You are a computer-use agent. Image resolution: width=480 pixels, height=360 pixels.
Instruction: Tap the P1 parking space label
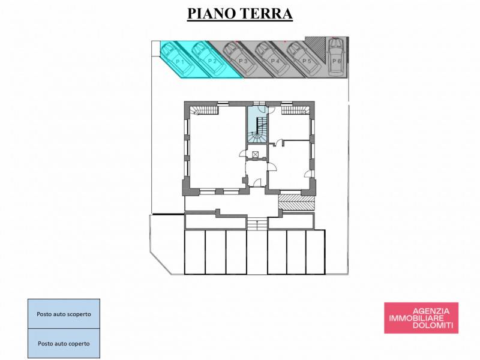point(180,62)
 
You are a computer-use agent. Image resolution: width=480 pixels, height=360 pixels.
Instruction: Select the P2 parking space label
point(212,61)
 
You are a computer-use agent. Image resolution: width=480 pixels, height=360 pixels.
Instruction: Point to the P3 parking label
point(243,61)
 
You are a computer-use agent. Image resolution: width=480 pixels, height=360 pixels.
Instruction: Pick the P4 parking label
point(275,61)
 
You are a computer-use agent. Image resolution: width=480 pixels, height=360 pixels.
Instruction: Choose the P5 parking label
point(307,61)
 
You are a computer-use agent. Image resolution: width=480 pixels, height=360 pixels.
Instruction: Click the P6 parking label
point(337,61)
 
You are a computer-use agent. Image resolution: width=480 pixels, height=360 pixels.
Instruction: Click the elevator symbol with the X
point(256,154)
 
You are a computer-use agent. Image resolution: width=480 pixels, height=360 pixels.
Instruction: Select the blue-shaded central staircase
point(257,125)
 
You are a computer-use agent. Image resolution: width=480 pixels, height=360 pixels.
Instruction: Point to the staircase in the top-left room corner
point(204,110)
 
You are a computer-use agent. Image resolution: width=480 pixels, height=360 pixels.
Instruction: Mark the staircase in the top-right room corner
point(295,110)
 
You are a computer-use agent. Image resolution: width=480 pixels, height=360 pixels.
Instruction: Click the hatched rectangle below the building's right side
point(296,202)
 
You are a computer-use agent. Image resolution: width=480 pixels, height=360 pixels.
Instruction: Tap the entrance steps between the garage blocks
point(257,223)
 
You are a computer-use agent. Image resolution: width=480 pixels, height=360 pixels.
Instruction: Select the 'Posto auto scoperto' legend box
point(64,314)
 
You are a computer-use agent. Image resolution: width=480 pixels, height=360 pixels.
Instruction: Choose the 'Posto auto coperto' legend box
point(64,343)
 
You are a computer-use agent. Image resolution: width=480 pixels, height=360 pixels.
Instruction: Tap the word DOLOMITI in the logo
point(433,325)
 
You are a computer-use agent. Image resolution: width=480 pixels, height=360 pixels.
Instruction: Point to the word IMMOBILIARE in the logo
point(416,319)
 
